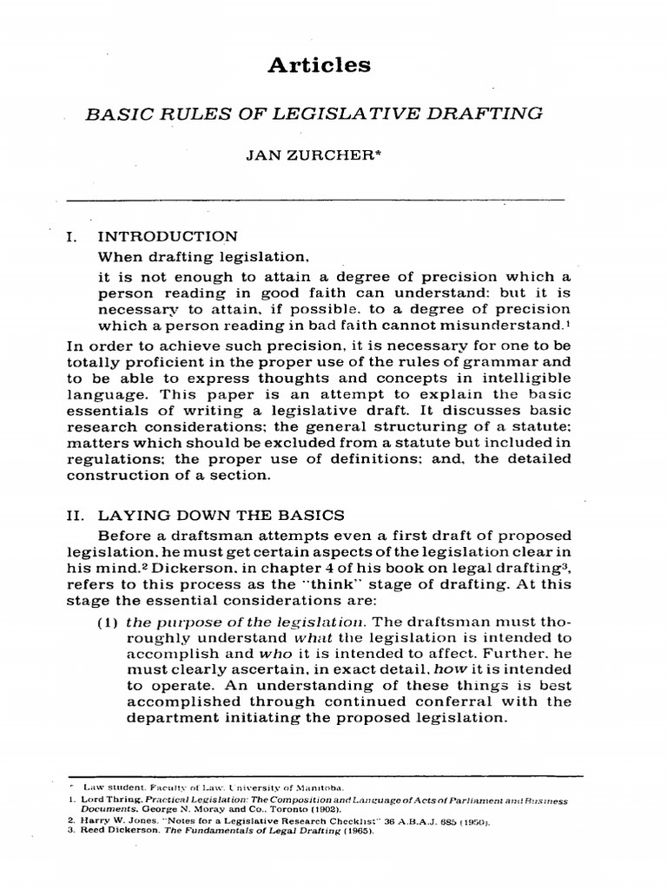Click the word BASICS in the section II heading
pos(311,516)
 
